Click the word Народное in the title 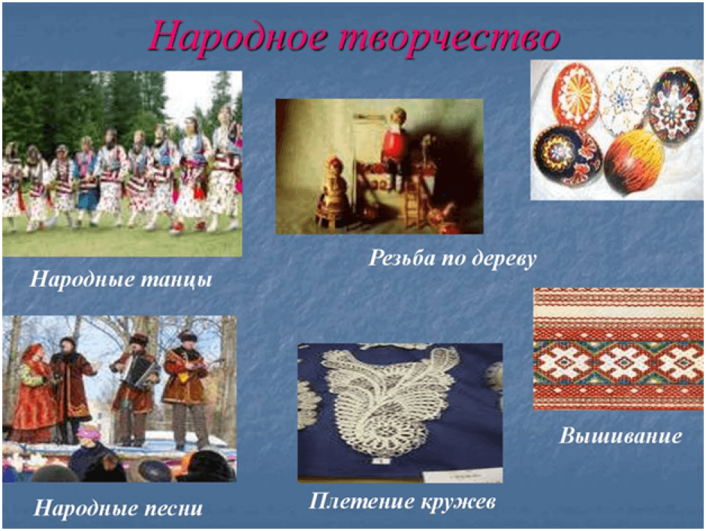pyautogui.click(x=238, y=37)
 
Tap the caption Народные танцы pyautogui.click(x=121, y=279)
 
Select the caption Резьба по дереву pyautogui.click(x=452, y=259)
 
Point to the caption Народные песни pyautogui.click(x=118, y=508)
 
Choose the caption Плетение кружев pyautogui.click(x=402, y=501)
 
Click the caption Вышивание pyautogui.click(x=620, y=436)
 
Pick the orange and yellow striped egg pyautogui.click(x=634, y=162)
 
